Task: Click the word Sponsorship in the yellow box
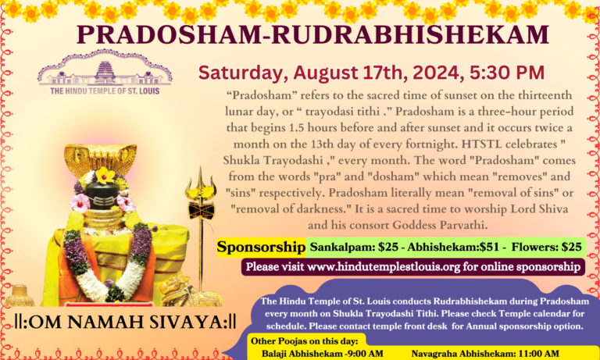[261, 247]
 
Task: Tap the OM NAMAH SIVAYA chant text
[125, 322]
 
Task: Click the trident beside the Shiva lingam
[200, 211]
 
